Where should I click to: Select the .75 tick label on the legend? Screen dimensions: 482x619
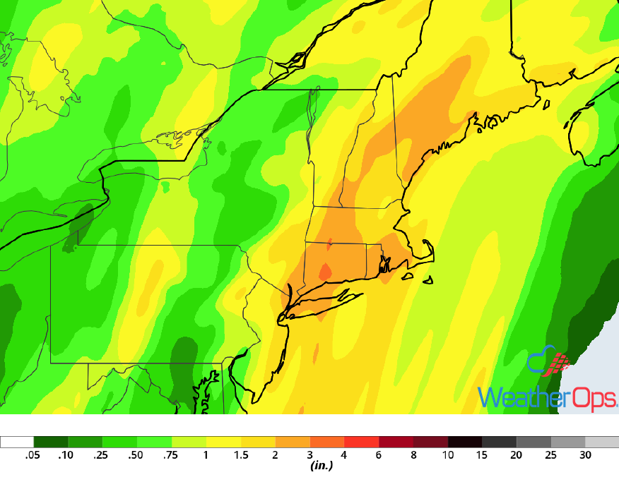click(x=171, y=455)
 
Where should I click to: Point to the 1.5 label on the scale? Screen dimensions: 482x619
click(x=241, y=455)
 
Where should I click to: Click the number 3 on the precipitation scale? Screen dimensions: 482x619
click(x=310, y=455)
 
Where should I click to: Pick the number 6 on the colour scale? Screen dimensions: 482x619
click(x=379, y=455)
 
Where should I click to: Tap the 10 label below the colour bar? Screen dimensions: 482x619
click(x=448, y=455)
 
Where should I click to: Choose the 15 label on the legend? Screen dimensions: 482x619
click(x=483, y=455)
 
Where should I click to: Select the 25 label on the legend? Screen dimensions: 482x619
click(x=551, y=455)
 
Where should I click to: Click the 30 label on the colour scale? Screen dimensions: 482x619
click(x=586, y=455)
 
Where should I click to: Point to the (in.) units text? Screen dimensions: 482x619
click(x=322, y=466)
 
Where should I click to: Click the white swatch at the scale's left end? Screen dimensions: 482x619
click(x=17, y=442)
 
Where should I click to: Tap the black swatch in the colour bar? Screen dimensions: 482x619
click(x=465, y=442)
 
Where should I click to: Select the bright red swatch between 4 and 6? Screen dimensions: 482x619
click(x=362, y=442)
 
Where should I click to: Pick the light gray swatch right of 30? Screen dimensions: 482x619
click(x=602, y=442)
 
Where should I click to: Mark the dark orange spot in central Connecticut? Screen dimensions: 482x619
click(x=325, y=272)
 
